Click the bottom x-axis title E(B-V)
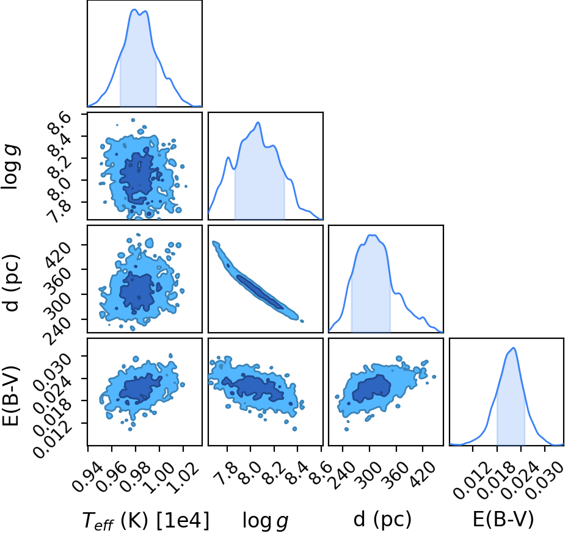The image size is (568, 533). tap(503, 519)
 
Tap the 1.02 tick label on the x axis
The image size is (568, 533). tap(184, 479)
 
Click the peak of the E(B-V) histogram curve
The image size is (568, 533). tap(513, 348)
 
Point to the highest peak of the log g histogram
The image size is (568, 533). tap(258, 122)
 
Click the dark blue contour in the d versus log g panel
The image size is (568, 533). tap(260, 292)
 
